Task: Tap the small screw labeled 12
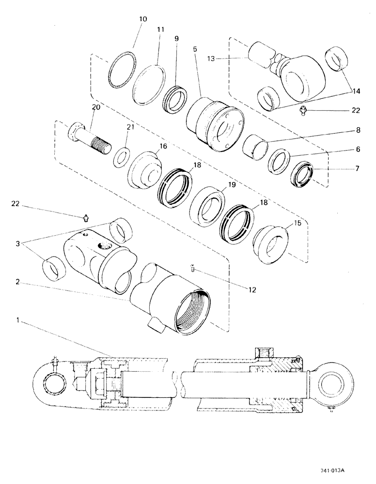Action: (192, 269)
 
